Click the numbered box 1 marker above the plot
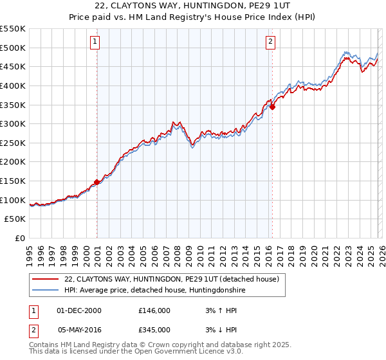[x=95, y=42]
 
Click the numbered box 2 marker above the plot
[x=270, y=42]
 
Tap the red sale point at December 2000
[x=96, y=182]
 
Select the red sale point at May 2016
[x=272, y=107]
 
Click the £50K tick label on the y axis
[x=15, y=219]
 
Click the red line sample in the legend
[x=45, y=280]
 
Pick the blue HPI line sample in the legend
[x=45, y=291]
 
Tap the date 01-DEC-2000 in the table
[x=79, y=310]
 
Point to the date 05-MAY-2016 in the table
[x=79, y=330]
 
